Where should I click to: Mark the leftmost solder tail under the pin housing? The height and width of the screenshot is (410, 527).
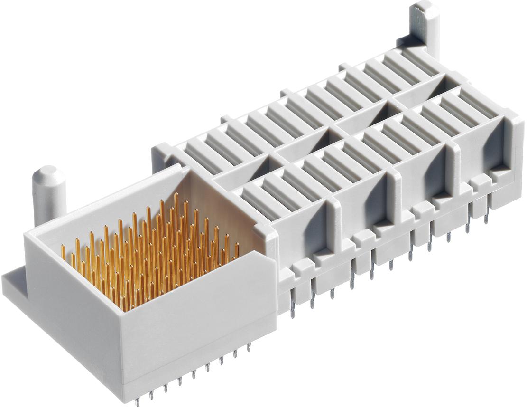[137, 401]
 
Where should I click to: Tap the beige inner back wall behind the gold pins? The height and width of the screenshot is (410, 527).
[209, 200]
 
